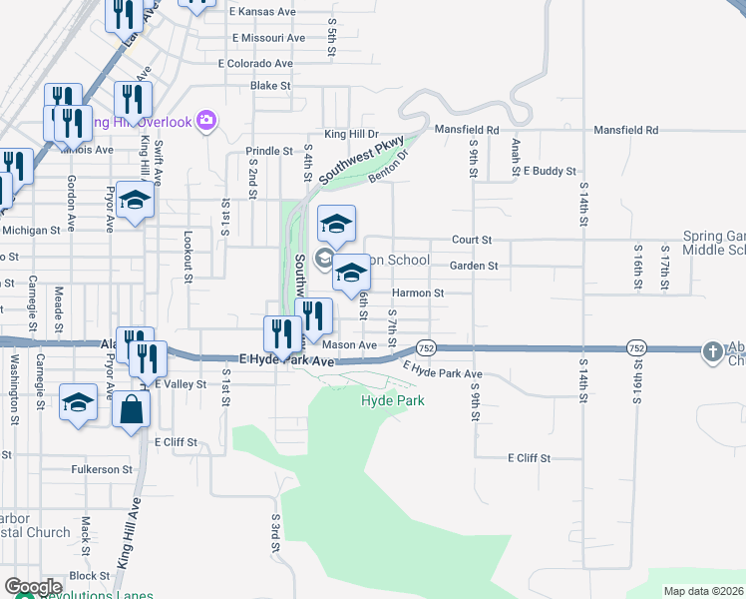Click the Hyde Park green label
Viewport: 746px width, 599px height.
click(392, 401)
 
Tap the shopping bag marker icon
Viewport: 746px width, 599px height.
click(131, 409)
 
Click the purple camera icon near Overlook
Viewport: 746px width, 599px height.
click(206, 121)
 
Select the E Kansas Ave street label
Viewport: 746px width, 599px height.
click(262, 12)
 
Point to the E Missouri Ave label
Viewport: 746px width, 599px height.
click(267, 38)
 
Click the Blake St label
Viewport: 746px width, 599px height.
click(270, 86)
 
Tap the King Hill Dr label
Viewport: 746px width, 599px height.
click(351, 134)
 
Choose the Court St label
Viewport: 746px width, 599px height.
click(472, 241)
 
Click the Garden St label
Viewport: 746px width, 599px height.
click(473, 267)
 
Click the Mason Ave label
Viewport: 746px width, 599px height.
click(349, 345)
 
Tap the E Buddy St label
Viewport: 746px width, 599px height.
click(550, 172)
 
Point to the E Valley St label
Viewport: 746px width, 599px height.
click(180, 383)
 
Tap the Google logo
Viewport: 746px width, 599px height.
click(33, 587)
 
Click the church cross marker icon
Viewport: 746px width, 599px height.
click(712, 351)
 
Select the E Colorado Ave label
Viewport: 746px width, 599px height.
click(256, 64)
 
